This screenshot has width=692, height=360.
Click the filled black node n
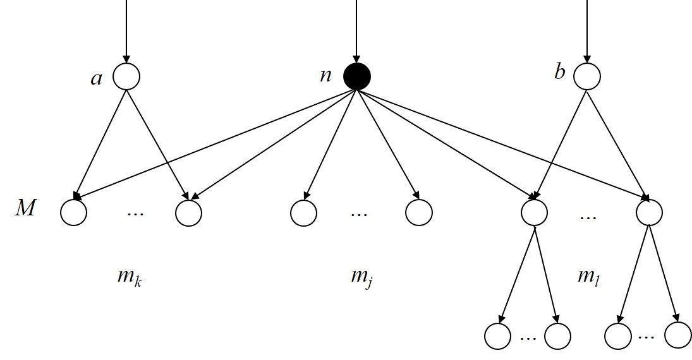356,76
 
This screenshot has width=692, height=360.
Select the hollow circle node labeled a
126,76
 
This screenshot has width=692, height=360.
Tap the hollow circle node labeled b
587,76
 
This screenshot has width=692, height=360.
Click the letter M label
25,208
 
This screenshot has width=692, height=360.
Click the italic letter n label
325,75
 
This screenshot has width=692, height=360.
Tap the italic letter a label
96,78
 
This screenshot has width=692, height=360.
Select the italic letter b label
559,72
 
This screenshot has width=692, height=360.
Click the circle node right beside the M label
73,212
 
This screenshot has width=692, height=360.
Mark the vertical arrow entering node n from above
356,32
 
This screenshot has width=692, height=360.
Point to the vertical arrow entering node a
126,32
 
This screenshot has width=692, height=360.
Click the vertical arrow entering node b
587,32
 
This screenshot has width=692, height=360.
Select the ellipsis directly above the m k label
135,214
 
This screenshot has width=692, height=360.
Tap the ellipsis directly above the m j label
358,214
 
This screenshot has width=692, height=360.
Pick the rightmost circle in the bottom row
677,335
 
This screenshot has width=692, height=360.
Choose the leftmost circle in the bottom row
498,335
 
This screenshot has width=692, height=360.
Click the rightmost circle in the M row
649,212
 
